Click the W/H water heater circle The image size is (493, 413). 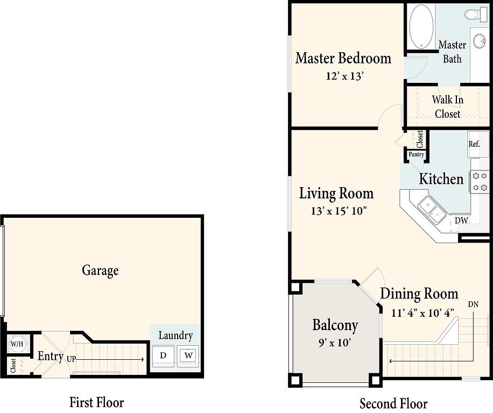coord(17,344)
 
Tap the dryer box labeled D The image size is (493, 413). coord(163,356)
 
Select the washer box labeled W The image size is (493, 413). coord(188,356)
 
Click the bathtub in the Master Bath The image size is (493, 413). coord(421,26)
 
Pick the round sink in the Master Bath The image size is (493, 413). coord(479,41)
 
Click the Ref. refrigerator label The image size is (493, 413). coord(474,144)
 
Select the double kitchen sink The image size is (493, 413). coord(432,210)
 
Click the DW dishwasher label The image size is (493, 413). coord(461,220)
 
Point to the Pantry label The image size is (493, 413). coord(416,154)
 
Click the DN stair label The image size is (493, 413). coord(473,304)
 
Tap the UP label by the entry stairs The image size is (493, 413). coord(72,359)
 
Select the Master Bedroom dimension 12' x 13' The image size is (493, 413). coord(344,76)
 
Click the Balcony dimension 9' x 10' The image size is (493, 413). coord(335,343)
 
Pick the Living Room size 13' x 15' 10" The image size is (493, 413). coord(339,210)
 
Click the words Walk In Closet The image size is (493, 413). coord(447,107)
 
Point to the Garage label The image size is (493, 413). coord(100,270)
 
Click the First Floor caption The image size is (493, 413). coord(96,402)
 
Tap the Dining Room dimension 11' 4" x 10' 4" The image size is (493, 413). coord(422,313)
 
